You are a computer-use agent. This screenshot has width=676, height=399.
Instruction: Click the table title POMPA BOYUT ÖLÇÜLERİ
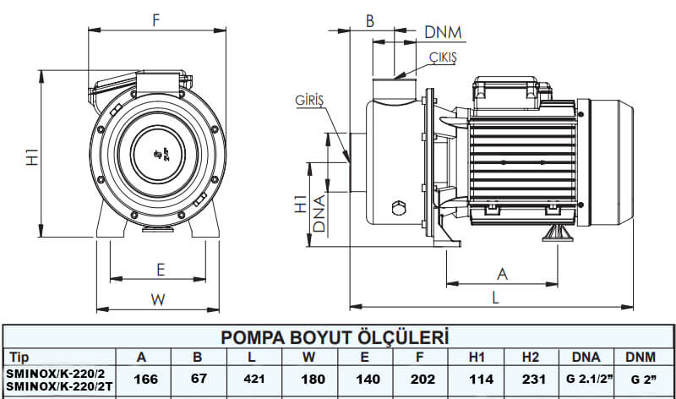[334, 337]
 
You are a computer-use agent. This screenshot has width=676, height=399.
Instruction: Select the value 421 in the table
[253, 380]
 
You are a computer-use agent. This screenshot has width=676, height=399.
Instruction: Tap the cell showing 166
[141, 380]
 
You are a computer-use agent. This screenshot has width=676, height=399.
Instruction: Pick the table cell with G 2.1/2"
[586, 380]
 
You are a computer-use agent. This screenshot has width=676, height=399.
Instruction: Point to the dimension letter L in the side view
[495, 298]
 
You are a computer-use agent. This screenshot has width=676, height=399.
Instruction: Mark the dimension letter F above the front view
[156, 21]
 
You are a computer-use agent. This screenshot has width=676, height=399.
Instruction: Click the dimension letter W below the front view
[156, 298]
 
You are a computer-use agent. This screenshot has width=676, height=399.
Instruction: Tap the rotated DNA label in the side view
[319, 215]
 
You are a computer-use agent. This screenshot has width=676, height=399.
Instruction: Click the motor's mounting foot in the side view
[558, 231]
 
